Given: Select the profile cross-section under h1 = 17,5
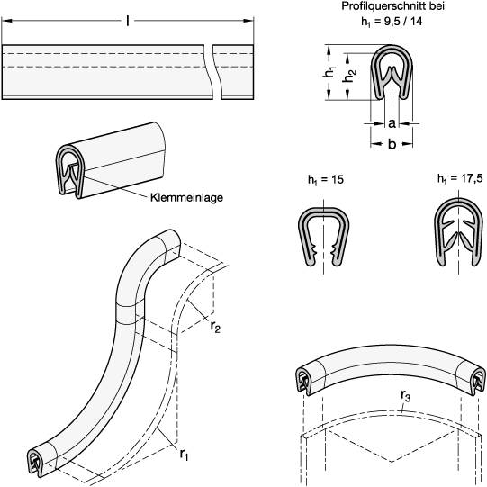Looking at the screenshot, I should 458,236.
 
